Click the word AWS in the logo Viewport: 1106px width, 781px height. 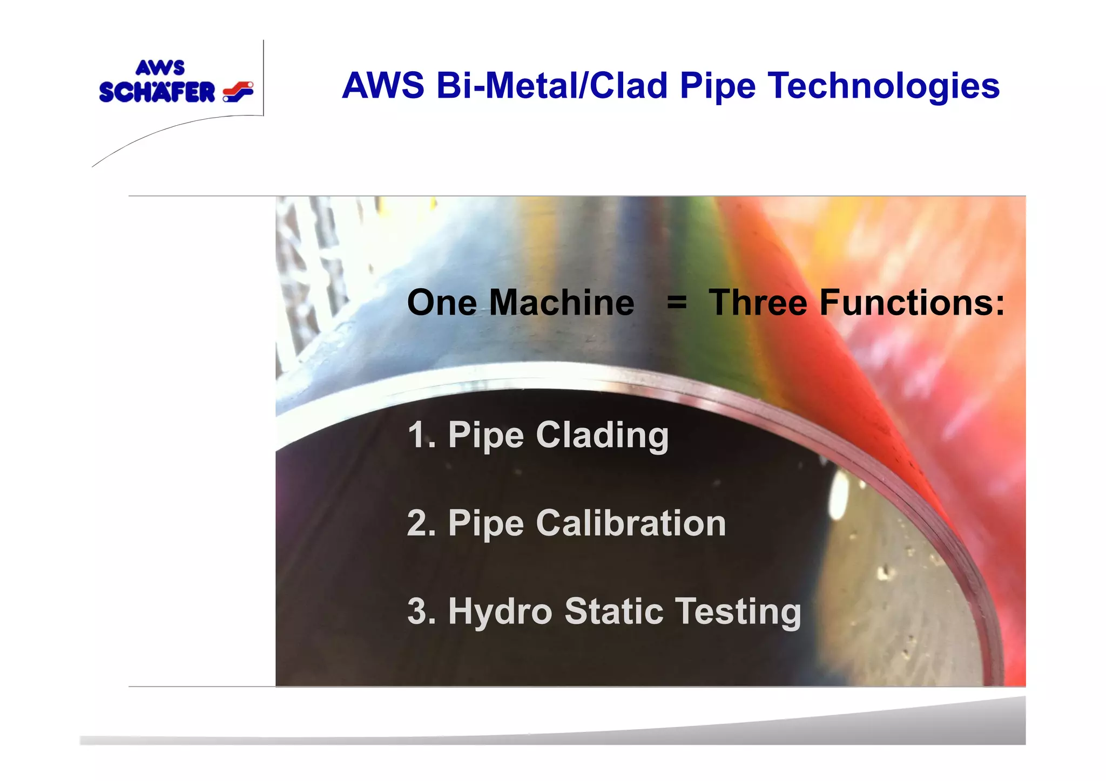coord(160,68)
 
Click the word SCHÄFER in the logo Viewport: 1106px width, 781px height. coord(157,92)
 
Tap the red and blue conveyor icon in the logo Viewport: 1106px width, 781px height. coord(238,92)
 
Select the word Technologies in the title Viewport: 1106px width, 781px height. coord(884,86)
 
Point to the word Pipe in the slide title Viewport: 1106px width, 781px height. coord(718,86)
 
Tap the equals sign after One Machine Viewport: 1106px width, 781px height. coord(677,302)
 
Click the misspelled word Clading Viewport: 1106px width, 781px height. coord(602,436)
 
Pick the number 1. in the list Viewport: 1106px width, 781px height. coord(421,435)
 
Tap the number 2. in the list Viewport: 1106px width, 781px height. coord(421,524)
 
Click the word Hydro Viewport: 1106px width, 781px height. coord(500,612)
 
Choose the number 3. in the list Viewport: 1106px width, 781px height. coord(421,612)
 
